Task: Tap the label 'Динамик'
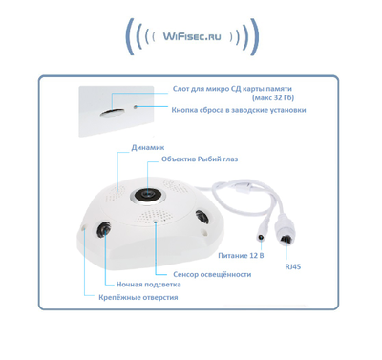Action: point(146,149)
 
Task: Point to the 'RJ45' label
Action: point(292,268)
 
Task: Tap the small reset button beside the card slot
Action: point(137,106)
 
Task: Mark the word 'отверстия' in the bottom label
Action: point(157,298)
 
